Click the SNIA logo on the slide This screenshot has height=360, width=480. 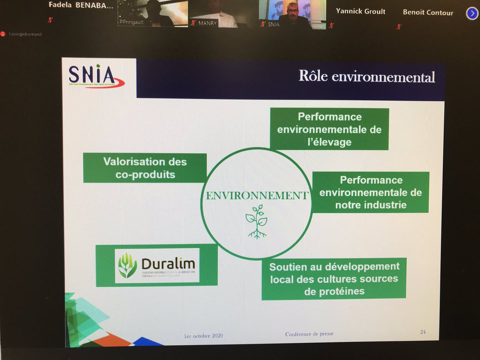[96, 76]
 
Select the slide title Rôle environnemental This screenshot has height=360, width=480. [366, 76]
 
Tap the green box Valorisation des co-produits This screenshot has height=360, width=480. [145, 168]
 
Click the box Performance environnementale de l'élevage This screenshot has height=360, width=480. [329, 129]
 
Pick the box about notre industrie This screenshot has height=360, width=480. [370, 192]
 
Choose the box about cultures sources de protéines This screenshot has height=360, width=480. [334, 279]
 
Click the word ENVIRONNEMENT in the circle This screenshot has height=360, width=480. [256, 196]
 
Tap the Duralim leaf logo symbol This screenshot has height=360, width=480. [128, 266]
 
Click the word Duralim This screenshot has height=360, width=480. [168, 264]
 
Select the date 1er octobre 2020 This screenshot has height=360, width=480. [204, 335]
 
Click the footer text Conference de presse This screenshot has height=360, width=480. [309, 334]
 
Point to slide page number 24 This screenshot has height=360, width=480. [423, 332]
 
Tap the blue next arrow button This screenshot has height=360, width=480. [472, 13]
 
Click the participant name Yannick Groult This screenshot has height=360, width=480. [361, 11]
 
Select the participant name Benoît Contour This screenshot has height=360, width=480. [428, 12]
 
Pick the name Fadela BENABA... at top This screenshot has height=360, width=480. [80, 5]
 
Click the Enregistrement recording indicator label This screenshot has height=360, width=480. [25, 34]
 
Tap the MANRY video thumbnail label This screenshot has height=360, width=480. [208, 23]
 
